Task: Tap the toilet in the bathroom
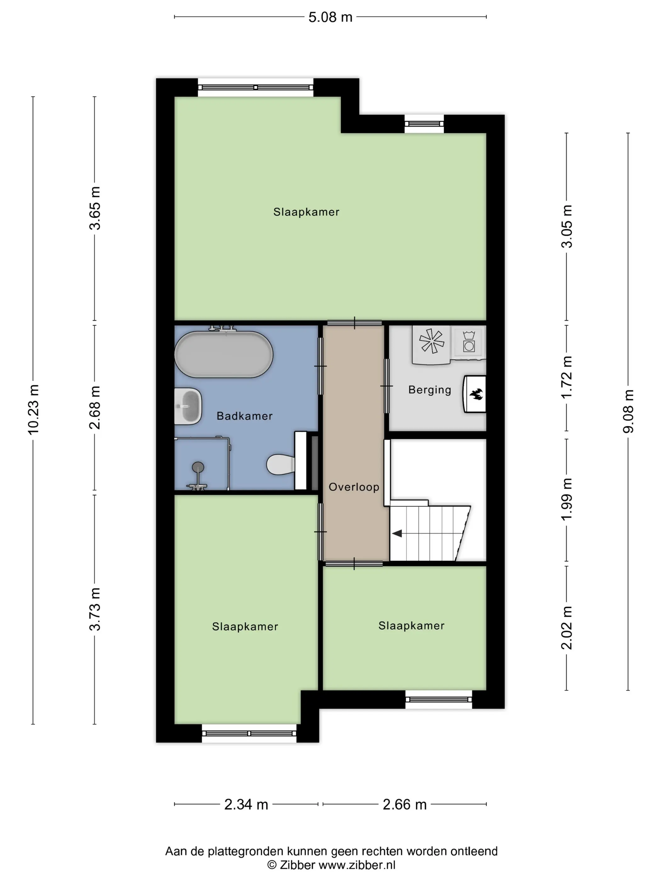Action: click(x=280, y=464)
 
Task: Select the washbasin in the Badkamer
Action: click(x=188, y=406)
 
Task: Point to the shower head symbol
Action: click(x=198, y=467)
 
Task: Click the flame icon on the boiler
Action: click(x=476, y=394)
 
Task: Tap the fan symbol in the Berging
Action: click(x=432, y=341)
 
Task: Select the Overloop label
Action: click(x=354, y=487)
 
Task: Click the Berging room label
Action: click(x=430, y=390)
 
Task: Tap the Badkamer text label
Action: click(x=245, y=416)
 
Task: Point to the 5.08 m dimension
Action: click(x=330, y=17)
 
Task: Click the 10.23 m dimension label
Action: click(x=33, y=409)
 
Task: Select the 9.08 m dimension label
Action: click(x=628, y=411)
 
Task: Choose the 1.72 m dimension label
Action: click(x=567, y=377)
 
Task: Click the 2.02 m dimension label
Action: click(x=567, y=627)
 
